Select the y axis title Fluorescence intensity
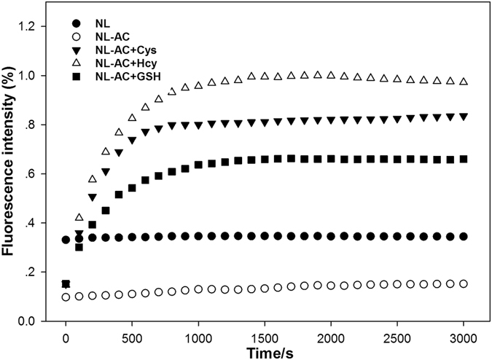coord(12,173)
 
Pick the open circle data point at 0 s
coord(66,297)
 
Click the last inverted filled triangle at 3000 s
coord(464,117)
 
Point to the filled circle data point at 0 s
coord(66,240)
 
